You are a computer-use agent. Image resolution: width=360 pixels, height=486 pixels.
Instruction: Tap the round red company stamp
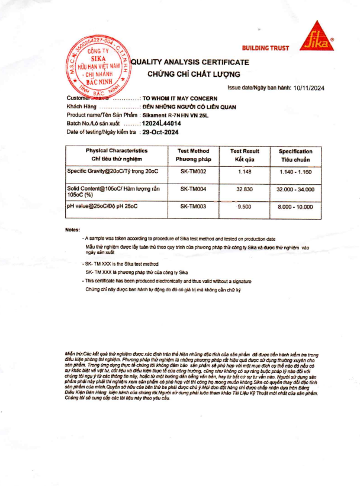[x=99, y=67]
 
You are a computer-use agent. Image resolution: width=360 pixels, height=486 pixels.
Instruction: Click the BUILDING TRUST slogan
[x=265, y=48]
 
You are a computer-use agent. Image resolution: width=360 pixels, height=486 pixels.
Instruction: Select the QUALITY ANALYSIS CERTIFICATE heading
[x=189, y=62]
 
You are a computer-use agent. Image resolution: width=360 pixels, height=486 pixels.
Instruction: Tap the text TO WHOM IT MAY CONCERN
[x=180, y=98]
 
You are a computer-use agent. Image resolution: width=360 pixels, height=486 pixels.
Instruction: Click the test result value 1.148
[x=245, y=171]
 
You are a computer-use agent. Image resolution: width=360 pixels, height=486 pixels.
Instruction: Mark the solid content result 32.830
[x=245, y=189]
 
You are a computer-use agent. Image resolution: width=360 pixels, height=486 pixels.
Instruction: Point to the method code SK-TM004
[x=193, y=189]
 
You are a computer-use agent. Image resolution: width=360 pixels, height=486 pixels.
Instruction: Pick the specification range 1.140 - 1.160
[x=295, y=171]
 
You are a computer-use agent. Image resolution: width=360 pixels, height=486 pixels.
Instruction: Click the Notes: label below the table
[x=72, y=229]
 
